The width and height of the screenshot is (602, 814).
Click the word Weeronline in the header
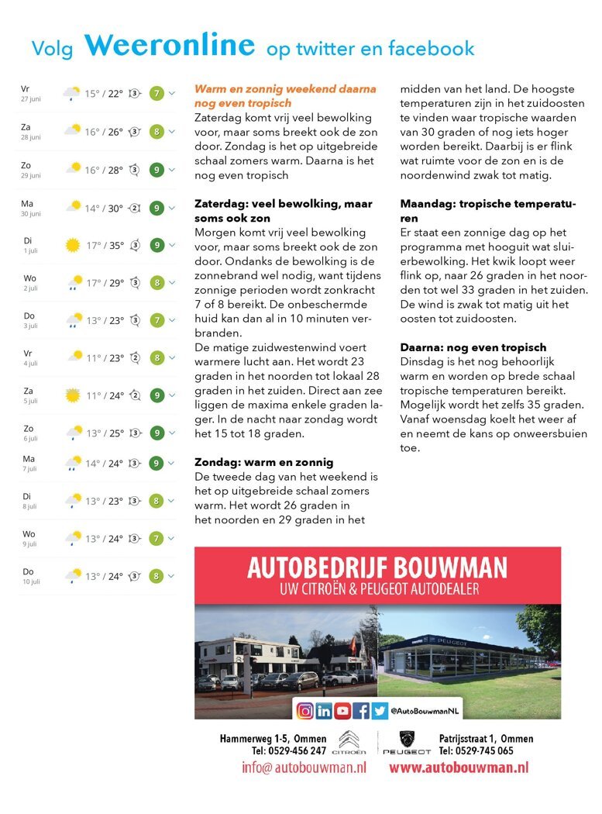(x=170, y=46)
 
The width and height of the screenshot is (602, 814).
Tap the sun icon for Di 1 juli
(x=73, y=245)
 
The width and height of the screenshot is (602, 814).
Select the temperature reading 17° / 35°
(x=105, y=245)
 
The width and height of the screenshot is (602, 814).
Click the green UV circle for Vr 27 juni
(x=157, y=94)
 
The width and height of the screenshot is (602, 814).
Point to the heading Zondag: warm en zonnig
(x=264, y=462)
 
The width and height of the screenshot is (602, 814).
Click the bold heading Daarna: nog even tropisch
(x=473, y=347)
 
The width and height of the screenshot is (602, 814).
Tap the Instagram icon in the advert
(x=305, y=710)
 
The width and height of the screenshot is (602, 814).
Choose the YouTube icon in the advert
(x=342, y=710)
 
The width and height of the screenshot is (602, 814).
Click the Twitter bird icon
(x=380, y=710)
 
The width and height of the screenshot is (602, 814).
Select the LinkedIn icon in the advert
(x=324, y=710)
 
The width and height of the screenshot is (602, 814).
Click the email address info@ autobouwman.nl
(x=304, y=767)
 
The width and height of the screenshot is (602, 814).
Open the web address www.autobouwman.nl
(x=459, y=767)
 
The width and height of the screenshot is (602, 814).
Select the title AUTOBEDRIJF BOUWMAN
(x=377, y=568)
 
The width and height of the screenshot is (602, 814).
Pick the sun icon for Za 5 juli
(x=73, y=395)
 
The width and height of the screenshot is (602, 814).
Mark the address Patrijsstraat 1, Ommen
(x=486, y=739)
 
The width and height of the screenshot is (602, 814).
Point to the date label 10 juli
(x=30, y=581)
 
